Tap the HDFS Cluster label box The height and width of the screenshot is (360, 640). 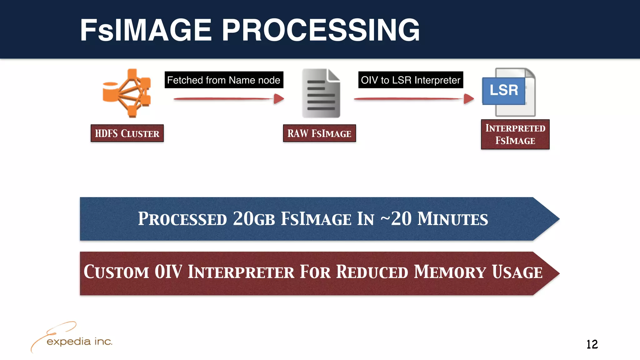pos(127,133)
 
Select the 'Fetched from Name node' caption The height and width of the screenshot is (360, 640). pos(224,80)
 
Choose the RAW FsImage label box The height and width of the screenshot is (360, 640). pos(319,133)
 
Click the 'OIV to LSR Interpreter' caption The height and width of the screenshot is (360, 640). pos(410,80)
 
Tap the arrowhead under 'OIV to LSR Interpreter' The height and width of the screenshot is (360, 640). pos(469,99)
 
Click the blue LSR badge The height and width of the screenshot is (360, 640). pos(503,91)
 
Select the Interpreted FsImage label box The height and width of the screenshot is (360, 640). pos(515,134)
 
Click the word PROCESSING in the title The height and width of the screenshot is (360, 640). pos(321,30)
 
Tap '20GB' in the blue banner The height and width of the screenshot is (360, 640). pos(254,218)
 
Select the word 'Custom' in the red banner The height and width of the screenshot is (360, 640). pos(116,272)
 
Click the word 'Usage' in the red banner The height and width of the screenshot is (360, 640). pos(517,272)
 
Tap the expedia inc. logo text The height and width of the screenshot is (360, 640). pos(79,341)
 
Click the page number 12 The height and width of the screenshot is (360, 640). pos(592,344)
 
